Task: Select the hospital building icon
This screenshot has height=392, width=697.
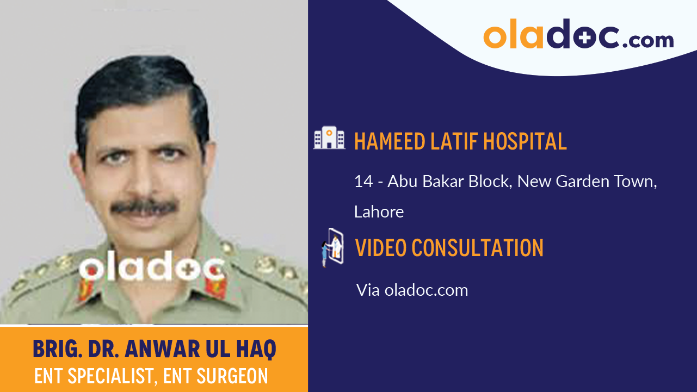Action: coord(329,139)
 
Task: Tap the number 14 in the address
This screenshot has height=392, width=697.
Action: coord(363,182)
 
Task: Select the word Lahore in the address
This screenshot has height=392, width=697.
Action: coord(379,211)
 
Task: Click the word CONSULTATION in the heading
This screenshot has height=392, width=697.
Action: coord(478,248)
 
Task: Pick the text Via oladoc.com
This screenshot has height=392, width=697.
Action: coord(412,290)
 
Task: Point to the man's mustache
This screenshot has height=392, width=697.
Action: coord(144,207)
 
